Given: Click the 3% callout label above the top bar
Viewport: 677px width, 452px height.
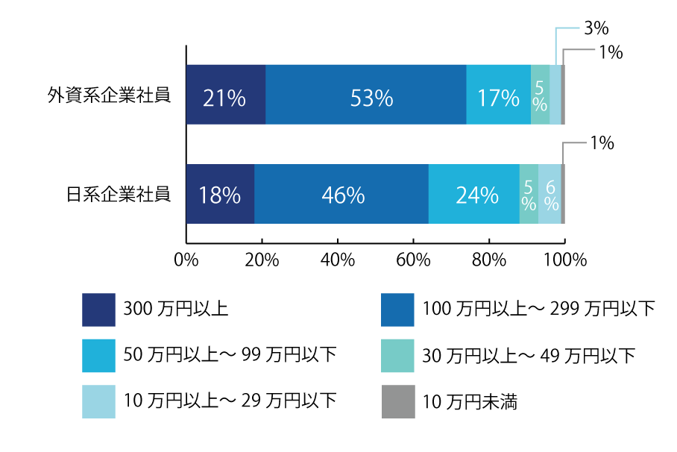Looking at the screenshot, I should coord(596,29).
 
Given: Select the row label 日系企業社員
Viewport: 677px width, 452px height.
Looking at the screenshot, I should coord(119,195).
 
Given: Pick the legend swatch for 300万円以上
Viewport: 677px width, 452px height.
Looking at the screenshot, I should coord(98,310).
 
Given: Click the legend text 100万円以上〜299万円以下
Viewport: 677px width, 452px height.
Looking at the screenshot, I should coord(538,309).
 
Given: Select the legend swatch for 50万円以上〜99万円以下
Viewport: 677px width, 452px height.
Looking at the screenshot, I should coord(98,355).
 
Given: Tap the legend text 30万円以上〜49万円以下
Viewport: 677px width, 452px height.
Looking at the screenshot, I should coord(529,356).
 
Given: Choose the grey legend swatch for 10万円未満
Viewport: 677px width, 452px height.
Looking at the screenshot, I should coord(397,401).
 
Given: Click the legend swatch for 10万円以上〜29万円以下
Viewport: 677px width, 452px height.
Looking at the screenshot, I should coord(98,401).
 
